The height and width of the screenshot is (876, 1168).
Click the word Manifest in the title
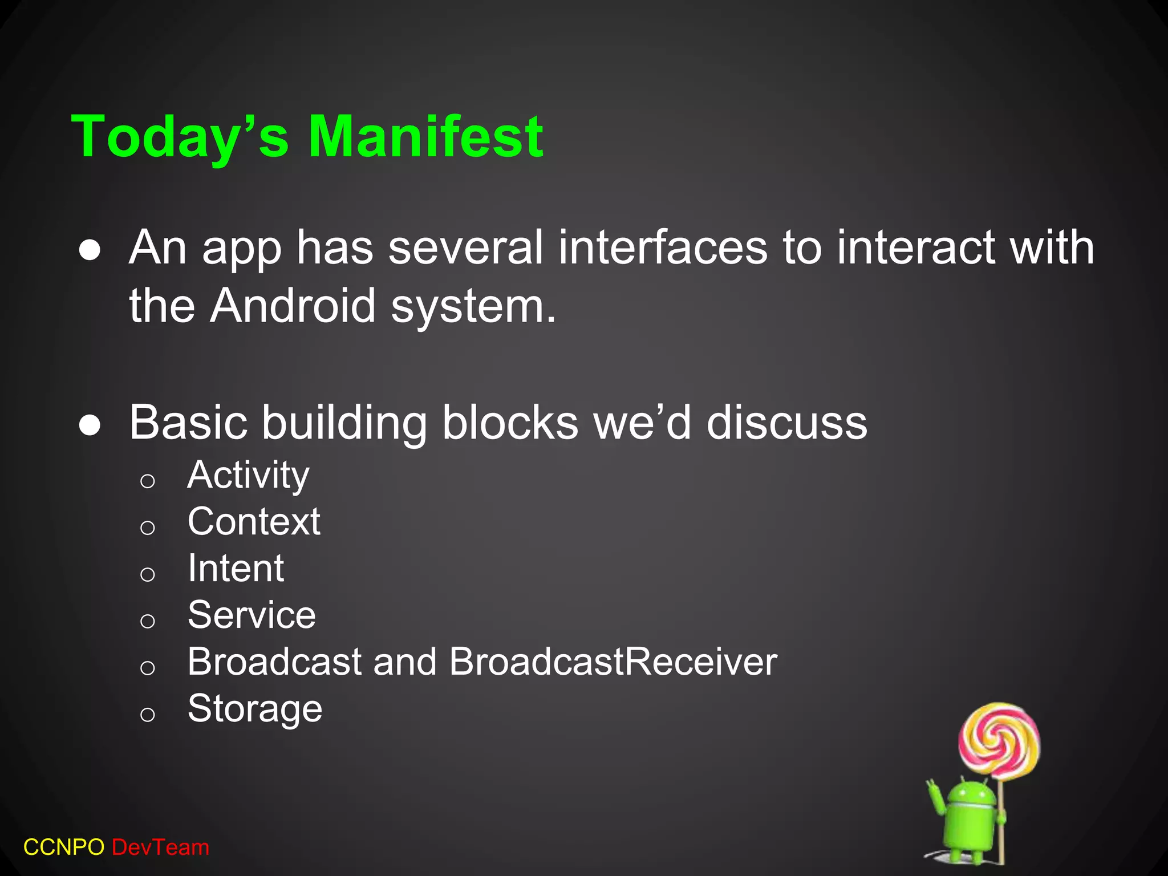click(425, 136)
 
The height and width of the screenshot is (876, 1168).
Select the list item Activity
click(248, 474)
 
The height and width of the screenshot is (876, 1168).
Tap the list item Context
click(254, 521)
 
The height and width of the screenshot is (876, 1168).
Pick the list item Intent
click(236, 568)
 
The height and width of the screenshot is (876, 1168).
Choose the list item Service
click(252, 615)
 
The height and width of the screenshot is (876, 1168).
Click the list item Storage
click(255, 708)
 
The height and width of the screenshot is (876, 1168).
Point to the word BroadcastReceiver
click(613, 662)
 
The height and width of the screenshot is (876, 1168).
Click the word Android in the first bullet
click(293, 306)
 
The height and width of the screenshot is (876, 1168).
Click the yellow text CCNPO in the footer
click(64, 847)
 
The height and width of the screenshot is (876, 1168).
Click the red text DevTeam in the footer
click(160, 847)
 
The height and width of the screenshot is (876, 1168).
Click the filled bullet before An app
click(90, 250)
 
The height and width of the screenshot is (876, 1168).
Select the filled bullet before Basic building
click(90, 425)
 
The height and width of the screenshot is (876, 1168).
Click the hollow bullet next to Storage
click(147, 714)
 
